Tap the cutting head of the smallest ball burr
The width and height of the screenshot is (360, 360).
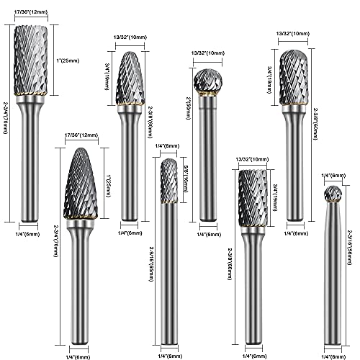point(332,194)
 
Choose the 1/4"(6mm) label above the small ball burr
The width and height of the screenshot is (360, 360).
point(332,176)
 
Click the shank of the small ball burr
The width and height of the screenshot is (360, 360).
point(332,274)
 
